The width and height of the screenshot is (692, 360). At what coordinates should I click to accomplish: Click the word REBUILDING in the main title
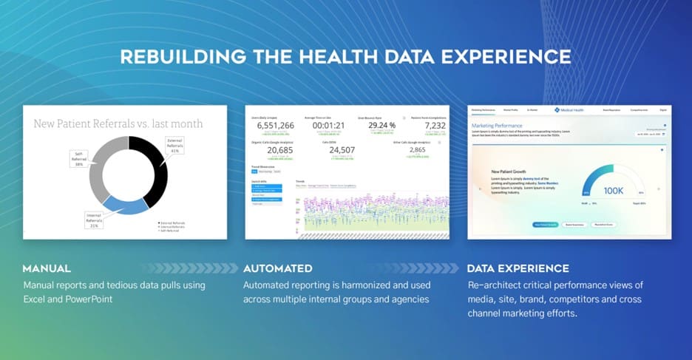(175, 58)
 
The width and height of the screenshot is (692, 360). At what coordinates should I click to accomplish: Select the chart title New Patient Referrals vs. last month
(118, 123)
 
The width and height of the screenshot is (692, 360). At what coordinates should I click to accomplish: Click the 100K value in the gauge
(614, 190)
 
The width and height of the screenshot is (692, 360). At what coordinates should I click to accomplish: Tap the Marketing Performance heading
(497, 126)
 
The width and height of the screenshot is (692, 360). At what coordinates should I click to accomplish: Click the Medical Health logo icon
(557, 109)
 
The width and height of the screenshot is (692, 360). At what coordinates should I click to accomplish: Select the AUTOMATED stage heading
(278, 268)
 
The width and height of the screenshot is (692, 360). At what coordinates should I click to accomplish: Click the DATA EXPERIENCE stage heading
(518, 268)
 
